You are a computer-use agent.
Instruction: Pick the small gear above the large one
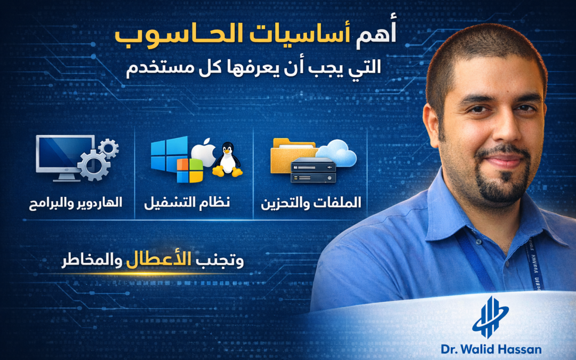pyautogui.click(x=109, y=147)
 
